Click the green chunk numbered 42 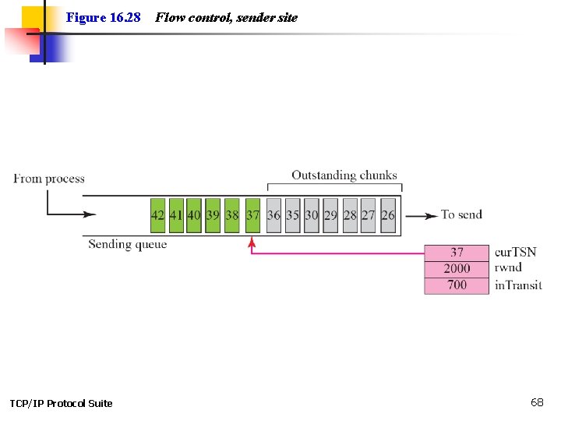pos(157,215)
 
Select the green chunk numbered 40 pos(194,215)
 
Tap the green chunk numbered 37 pos(252,215)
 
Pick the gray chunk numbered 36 pos(273,215)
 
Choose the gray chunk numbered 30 pos(312,215)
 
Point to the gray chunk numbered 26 pos(388,215)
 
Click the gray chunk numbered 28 pos(350,215)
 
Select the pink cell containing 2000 pos(457,268)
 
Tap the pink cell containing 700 pos(457,285)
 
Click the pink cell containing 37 pos(457,253)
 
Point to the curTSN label pos(516,253)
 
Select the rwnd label pos(508,268)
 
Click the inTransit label pos(518,285)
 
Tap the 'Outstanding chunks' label pos(344,175)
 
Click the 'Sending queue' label pos(127,245)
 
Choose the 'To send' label pos(461,214)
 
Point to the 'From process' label pos(49,179)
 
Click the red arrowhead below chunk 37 pos(252,243)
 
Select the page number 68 pos(537,402)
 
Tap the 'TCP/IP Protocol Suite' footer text pos(61,403)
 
